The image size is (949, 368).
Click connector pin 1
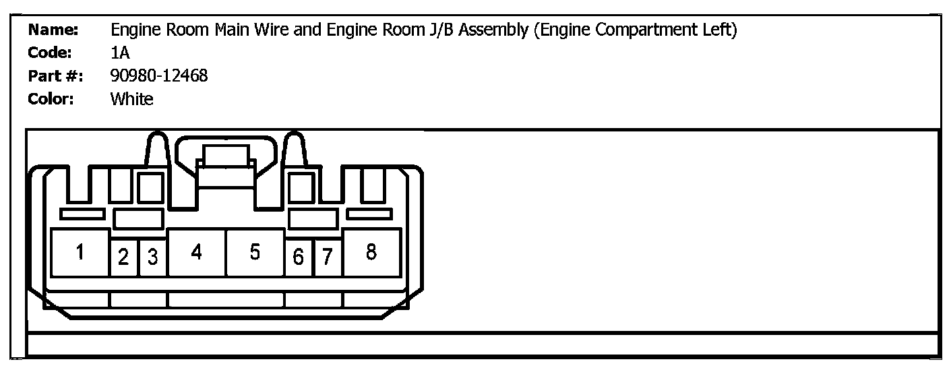[x=80, y=253]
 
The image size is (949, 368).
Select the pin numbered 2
[x=123, y=257]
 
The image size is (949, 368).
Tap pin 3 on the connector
[x=153, y=257]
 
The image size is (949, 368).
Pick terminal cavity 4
[x=196, y=253]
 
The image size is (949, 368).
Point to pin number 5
[x=255, y=253]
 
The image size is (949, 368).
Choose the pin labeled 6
[x=299, y=257]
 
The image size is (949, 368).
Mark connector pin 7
[x=328, y=257]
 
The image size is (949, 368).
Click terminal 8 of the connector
[x=371, y=253]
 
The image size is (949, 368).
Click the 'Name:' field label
[x=54, y=30]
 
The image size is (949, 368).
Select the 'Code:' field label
[x=51, y=53]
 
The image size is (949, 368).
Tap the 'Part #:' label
[x=55, y=76]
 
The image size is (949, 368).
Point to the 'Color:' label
[x=51, y=100]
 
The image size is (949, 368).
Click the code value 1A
[x=121, y=53]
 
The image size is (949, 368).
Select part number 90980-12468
[x=159, y=76]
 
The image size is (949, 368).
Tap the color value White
[x=132, y=100]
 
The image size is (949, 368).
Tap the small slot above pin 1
[x=82, y=214]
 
